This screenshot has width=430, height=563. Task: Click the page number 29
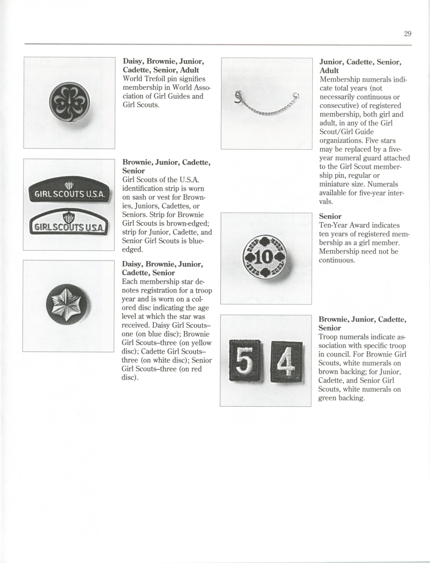coord(407,34)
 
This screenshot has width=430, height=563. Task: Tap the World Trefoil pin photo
coord(69,102)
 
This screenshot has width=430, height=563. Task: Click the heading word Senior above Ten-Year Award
coord(330,216)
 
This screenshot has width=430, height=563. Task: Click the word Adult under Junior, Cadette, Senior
coord(329,71)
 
